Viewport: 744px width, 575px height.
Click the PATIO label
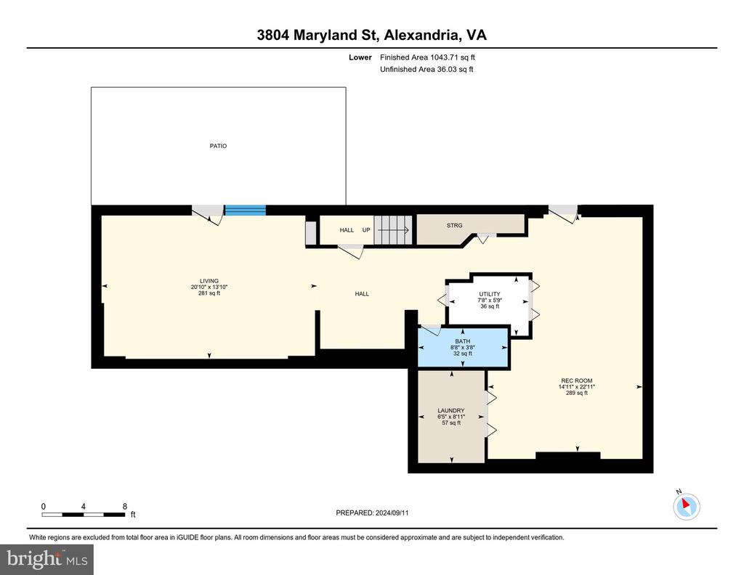click(x=218, y=146)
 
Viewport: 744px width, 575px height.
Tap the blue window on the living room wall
click(x=245, y=210)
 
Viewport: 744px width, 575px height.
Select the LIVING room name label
click(x=209, y=281)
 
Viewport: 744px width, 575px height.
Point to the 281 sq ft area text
click(x=209, y=293)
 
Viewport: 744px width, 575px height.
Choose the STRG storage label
click(x=455, y=226)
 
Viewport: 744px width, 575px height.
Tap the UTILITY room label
click(x=490, y=294)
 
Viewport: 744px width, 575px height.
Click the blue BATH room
click(x=463, y=348)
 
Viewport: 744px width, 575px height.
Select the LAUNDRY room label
click(x=451, y=410)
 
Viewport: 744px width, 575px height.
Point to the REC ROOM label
click(x=577, y=380)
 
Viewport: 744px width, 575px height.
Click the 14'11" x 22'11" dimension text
click(x=577, y=387)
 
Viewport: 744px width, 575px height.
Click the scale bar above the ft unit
click(x=84, y=515)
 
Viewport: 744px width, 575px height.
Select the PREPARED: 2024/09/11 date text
click(x=373, y=513)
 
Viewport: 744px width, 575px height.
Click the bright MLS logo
click(x=47, y=560)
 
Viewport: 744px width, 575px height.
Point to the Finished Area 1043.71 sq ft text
click(x=427, y=57)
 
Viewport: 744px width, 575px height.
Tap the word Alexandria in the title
click(x=421, y=35)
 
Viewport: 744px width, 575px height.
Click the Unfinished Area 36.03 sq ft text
click(x=426, y=69)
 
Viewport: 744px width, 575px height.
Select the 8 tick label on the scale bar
click(x=125, y=506)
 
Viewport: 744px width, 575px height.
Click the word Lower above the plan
click(x=360, y=57)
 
